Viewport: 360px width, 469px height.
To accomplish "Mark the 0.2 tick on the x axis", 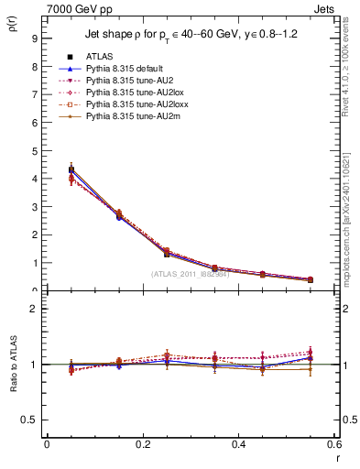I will pos(142,443).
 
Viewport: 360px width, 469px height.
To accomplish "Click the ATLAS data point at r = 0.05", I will pos(71,169).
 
